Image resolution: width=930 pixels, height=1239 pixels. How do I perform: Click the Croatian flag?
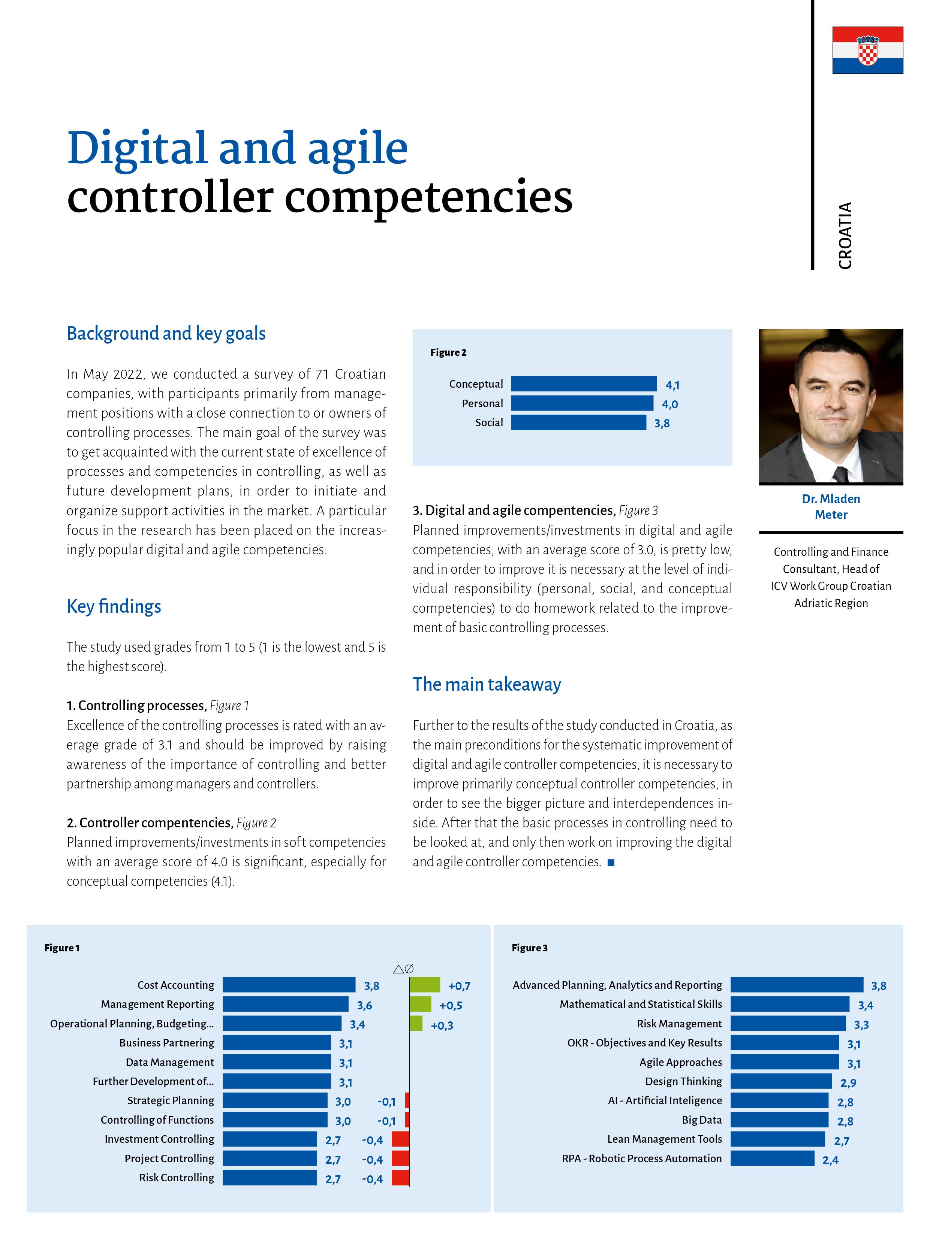click(867, 50)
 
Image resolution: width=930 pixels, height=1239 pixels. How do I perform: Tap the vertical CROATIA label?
click(845, 235)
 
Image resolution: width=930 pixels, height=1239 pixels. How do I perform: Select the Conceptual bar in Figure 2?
click(584, 384)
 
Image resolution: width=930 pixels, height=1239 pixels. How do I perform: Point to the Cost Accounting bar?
click(289, 985)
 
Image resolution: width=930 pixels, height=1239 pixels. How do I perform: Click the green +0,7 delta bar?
click(424, 985)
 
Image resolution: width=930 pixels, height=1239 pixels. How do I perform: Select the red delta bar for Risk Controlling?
click(400, 1177)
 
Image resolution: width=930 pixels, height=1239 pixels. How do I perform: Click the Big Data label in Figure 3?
click(702, 1120)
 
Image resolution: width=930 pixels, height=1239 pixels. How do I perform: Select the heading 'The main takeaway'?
click(487, 684)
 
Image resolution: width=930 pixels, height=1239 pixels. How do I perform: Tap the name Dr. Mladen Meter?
click(831, 506)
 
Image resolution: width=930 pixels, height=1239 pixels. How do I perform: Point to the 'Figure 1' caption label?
click(62, 948)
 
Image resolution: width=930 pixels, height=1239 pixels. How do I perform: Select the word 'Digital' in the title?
click(137, 148)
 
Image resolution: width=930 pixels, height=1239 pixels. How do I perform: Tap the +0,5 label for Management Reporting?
click(451, 1005)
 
